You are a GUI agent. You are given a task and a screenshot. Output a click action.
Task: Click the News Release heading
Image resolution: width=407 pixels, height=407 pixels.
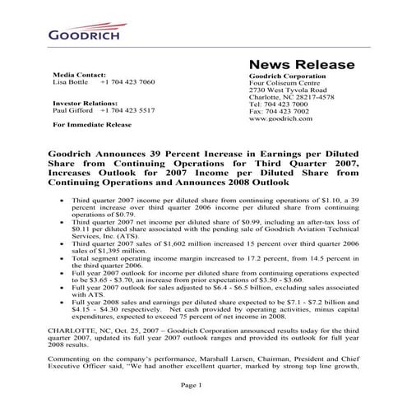coord(301,65)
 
